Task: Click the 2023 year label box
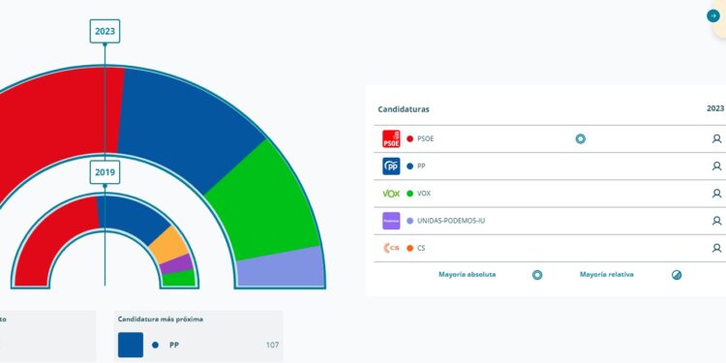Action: [105, 31]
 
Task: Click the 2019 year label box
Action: [105, 172]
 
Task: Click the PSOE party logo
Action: [391, 138]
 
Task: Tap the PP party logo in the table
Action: [391, 166]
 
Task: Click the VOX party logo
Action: [391, 194]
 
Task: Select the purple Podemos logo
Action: [391, 221]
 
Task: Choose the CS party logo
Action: [391, 248]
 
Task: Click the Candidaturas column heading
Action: [404, 109]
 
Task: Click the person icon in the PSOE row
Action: [716, 138]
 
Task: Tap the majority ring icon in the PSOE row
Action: [580, 138]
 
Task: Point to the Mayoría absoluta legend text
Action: [467, 275]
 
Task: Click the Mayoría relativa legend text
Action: [606, 275]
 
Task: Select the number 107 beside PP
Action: [272, 345]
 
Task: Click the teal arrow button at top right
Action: [713, 15]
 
